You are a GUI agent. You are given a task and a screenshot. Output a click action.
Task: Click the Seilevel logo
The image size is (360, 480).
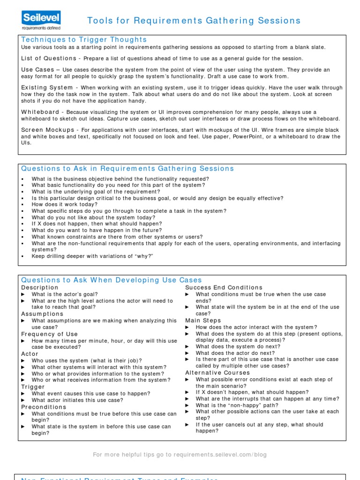pos(41,21)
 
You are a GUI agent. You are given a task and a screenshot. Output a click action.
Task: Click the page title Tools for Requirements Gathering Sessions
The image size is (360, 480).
pos(194,21)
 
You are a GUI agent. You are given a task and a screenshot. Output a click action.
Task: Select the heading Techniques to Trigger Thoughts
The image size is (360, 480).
pos(84,40)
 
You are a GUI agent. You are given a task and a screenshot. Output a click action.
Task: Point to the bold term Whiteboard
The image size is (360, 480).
pos(40,112)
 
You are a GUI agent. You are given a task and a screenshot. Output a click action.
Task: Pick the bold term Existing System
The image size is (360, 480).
pos(47,88)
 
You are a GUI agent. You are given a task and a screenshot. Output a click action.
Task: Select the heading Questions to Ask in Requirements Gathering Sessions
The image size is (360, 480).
pos(127,169)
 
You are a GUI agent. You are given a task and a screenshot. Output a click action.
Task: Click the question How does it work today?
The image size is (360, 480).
pos(65,205)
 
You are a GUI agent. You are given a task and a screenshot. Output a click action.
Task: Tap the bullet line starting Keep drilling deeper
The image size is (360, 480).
pos(92,256)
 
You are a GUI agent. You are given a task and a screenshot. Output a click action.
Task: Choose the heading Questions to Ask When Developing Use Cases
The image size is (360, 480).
pos(112,280)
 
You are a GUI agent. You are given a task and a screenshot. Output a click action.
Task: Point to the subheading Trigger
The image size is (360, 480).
pos(33,387)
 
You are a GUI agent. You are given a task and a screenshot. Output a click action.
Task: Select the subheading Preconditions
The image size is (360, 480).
pos(44,407)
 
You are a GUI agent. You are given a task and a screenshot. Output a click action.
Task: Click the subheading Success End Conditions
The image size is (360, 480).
pos(224,287)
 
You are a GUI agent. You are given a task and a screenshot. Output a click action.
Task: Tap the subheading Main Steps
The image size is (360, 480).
pos(203,321)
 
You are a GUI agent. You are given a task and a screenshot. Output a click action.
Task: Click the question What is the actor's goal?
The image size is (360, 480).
pos(65,294)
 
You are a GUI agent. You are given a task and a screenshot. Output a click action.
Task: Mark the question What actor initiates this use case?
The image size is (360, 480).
pos(77,400)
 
